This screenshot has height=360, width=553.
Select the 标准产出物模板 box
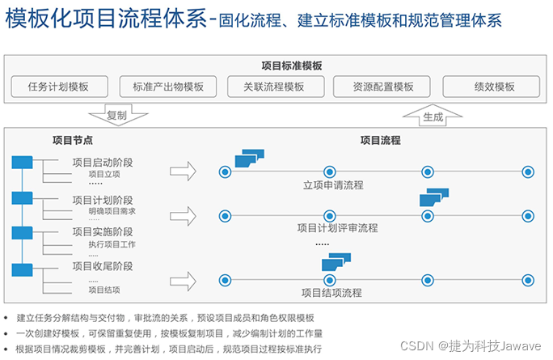(168, 87)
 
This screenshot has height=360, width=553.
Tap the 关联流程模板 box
(276, 87)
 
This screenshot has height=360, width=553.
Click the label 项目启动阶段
(102, 163)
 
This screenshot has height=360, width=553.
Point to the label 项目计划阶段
(102, 200)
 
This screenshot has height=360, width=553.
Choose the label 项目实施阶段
(102, 232)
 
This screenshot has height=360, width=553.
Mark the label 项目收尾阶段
(102, 266)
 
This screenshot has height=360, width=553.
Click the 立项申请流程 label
(333, 185)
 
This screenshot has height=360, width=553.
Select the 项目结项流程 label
(331, 293)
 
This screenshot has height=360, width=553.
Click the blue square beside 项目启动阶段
(22, 163)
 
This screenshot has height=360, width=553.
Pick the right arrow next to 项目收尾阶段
(184, 281)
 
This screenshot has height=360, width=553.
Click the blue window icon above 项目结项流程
(336, 263)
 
